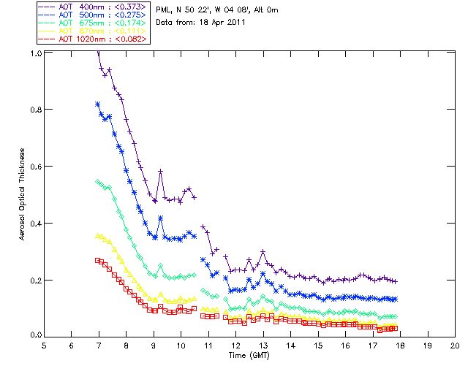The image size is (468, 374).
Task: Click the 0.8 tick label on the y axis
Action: (35, 110)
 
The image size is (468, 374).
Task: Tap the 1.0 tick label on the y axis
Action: (35, 53)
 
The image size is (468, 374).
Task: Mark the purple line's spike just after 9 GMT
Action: (160, 171)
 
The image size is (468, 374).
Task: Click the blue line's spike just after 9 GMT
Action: (160, 218)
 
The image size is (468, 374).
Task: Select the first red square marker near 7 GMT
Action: (98, 260)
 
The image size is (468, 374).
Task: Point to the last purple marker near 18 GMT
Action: (395, 281)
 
